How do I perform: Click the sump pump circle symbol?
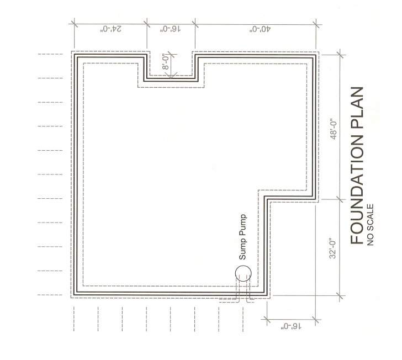(x=242, y=273)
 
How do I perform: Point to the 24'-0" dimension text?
(x=110, y=29)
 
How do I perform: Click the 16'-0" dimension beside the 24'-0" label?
(x=171, y=29)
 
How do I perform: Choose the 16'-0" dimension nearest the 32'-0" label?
(x=289, y=325)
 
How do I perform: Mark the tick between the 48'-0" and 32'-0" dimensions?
(x=338, y=198)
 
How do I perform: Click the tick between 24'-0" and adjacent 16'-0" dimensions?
(x=146, y=24)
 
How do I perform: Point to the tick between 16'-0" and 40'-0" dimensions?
(x=195, y=24)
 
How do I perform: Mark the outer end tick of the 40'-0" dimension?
(x=316, y=24)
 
